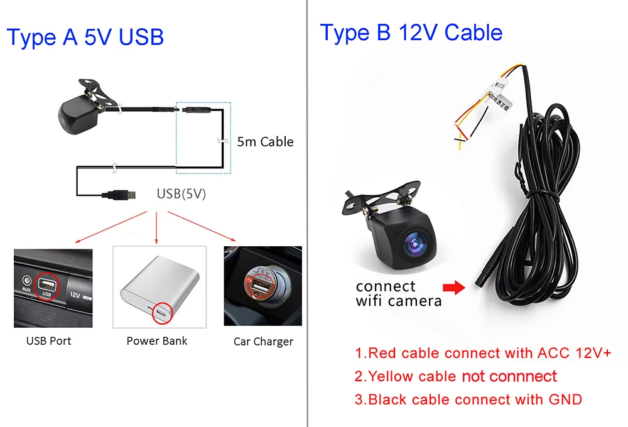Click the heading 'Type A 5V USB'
click(85, 38)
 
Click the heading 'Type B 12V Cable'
click(411, 33)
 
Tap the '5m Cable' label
click(265, 142)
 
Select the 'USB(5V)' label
click(181, 194)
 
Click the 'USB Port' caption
click(48, 341)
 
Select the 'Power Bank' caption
click(157, 341)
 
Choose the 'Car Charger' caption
click(263, 342)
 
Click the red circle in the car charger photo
click(260, 284)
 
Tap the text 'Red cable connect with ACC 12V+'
click(483, 353)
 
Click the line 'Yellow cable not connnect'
click(456, 377)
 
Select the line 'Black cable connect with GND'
click(468, 399)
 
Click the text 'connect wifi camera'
click(398, 293)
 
